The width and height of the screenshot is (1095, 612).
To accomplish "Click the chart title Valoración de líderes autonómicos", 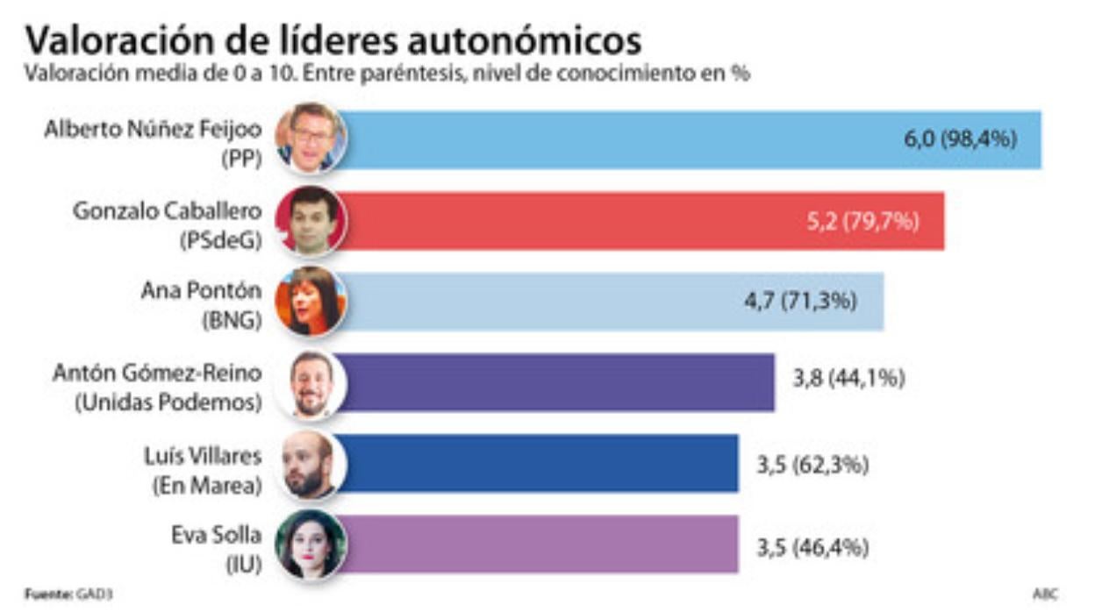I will [333, 39].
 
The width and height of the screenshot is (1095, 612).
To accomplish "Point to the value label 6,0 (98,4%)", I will [961, 139].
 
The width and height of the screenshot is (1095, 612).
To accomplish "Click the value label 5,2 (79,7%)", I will [862, 221].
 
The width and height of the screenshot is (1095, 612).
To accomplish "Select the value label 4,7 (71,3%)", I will [800, 302].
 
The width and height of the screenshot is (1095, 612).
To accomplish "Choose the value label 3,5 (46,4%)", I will [812, 548].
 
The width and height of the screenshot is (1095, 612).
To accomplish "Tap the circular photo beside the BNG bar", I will [311, 301].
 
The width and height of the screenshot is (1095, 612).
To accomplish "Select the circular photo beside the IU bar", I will [311, 544].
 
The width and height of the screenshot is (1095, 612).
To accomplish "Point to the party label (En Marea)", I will [207, 484].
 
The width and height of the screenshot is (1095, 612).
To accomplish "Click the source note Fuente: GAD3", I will [68, 594].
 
